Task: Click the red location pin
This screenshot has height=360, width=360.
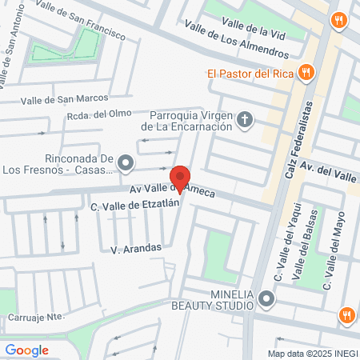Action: tap(181, 178)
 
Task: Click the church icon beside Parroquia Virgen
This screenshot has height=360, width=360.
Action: tap(246, 121)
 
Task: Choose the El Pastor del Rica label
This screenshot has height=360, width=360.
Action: tap(250, 74)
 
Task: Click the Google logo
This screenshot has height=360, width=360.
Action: tap(26, 350)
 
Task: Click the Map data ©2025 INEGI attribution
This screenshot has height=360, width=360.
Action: tap(312, 354)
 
